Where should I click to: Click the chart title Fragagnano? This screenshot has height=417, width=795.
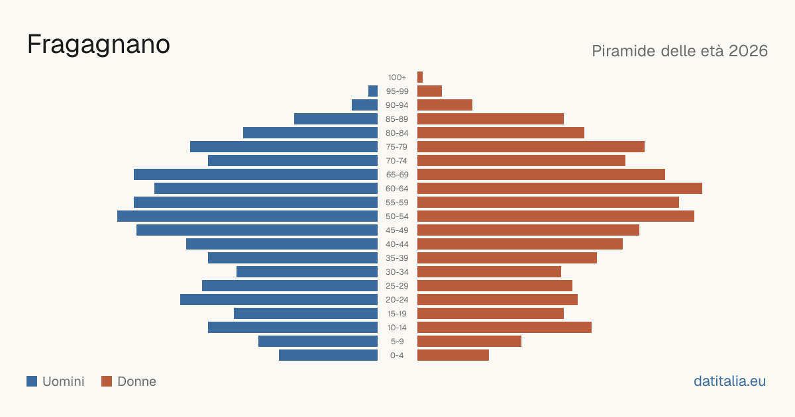point(99,45)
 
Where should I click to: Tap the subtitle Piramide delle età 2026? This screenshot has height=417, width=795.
point(680,51)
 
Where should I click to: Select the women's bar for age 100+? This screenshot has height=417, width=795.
point(420,77)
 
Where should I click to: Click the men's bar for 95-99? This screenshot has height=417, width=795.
point(373,91)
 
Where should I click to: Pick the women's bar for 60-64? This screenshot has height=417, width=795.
point(560,188)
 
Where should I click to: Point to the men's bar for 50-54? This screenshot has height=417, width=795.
point(247,216)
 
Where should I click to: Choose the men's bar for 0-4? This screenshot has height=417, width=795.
point(329,355)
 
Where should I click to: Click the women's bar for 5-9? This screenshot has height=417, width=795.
point(469,341)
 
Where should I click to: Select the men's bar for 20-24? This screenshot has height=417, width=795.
point(279,299)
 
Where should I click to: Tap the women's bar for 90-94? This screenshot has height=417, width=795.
point(445,105)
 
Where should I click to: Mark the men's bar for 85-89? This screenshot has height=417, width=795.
point(336,118)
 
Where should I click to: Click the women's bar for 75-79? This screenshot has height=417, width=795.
point(531,146)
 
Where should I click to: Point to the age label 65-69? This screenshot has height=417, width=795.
point(397,175)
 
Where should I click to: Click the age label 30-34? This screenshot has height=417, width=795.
point(397,272)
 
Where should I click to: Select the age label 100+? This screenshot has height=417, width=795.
point(397,77)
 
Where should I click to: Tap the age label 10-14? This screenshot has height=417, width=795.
point(397,328)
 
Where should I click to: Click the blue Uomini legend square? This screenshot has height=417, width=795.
point(32,381)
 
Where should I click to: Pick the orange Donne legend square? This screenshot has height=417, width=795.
point(107,381)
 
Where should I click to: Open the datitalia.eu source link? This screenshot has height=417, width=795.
point(729,381)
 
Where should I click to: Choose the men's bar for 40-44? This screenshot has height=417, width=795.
point(282,244)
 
